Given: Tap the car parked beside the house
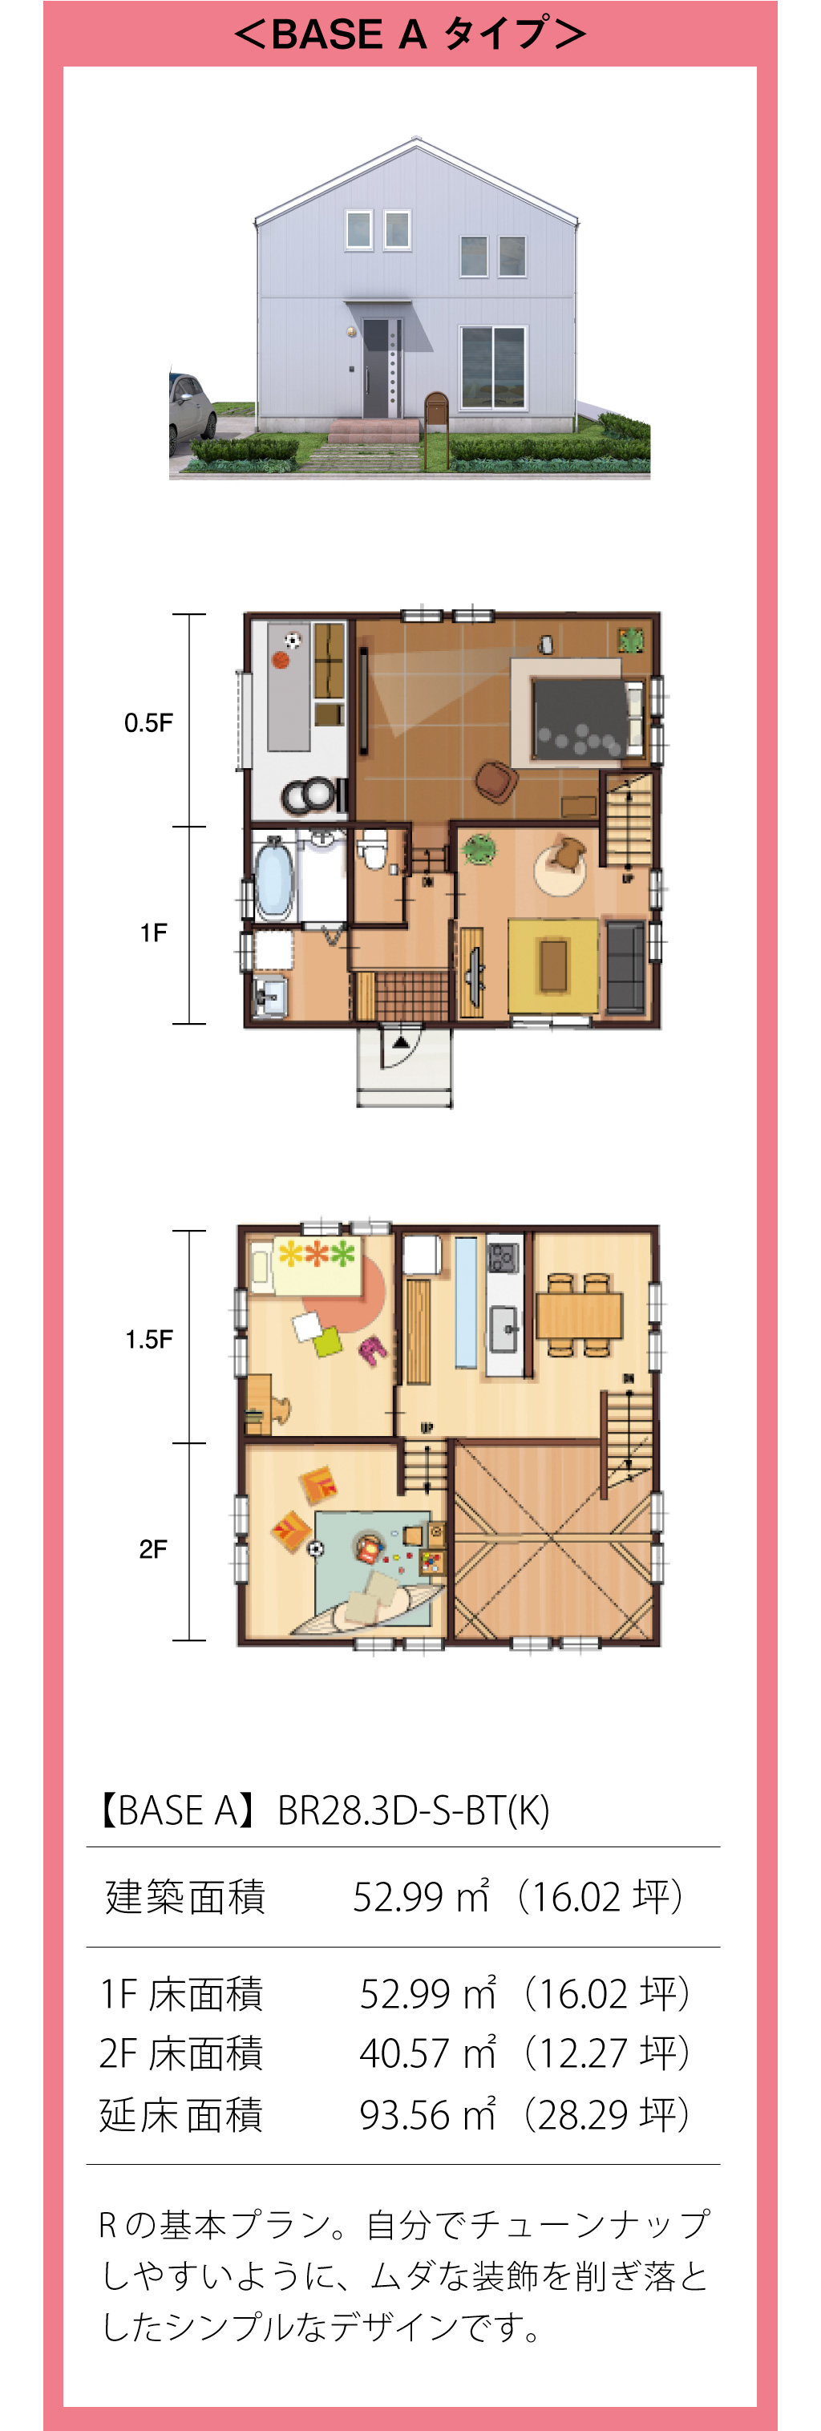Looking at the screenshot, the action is click(192, 410).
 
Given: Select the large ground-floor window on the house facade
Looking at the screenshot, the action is click(492, 367).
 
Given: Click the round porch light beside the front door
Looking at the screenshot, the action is click(351, 332).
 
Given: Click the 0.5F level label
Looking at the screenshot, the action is click(148, 723).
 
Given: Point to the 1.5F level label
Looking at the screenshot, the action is click(149, 1339).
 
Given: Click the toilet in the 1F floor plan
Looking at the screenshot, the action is click(373, 850).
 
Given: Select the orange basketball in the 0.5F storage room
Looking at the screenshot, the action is click(281, 660).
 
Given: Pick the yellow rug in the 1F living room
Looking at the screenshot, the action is click(553, 965).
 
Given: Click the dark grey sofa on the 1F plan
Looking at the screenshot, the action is click(625, 967).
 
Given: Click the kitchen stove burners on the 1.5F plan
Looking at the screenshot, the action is click(502, 1257).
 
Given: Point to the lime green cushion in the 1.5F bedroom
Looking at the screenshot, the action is click(326, 1342).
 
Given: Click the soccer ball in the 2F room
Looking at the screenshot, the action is click(315, 1548).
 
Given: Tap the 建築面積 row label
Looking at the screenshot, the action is click(185, 1897).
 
